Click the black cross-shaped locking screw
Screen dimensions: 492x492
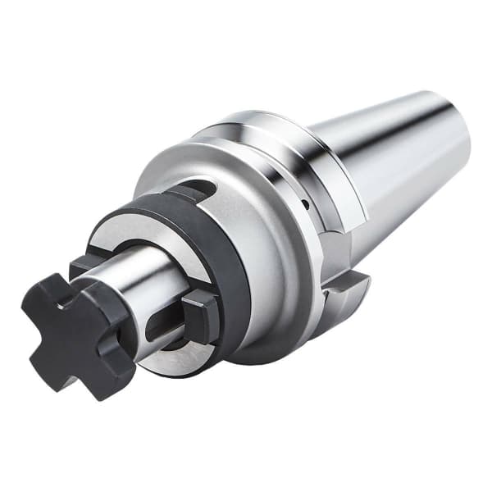click(x=78, y=332)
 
